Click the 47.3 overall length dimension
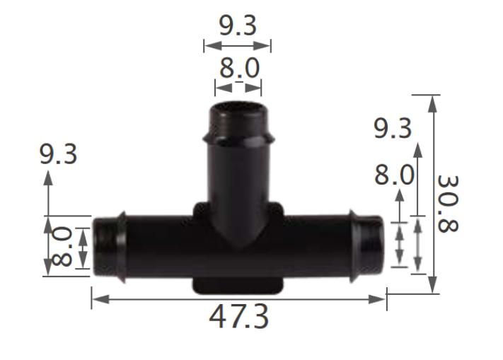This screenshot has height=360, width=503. point(238,318)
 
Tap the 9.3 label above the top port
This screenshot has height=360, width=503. point(237,26)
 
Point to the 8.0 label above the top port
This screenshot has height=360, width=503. point(238,69)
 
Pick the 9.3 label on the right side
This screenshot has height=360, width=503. point(393,128)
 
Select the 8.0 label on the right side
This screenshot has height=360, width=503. point(394,174)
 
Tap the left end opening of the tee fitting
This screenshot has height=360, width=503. point(98,246)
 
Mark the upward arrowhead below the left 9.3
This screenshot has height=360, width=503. point(48,178)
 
